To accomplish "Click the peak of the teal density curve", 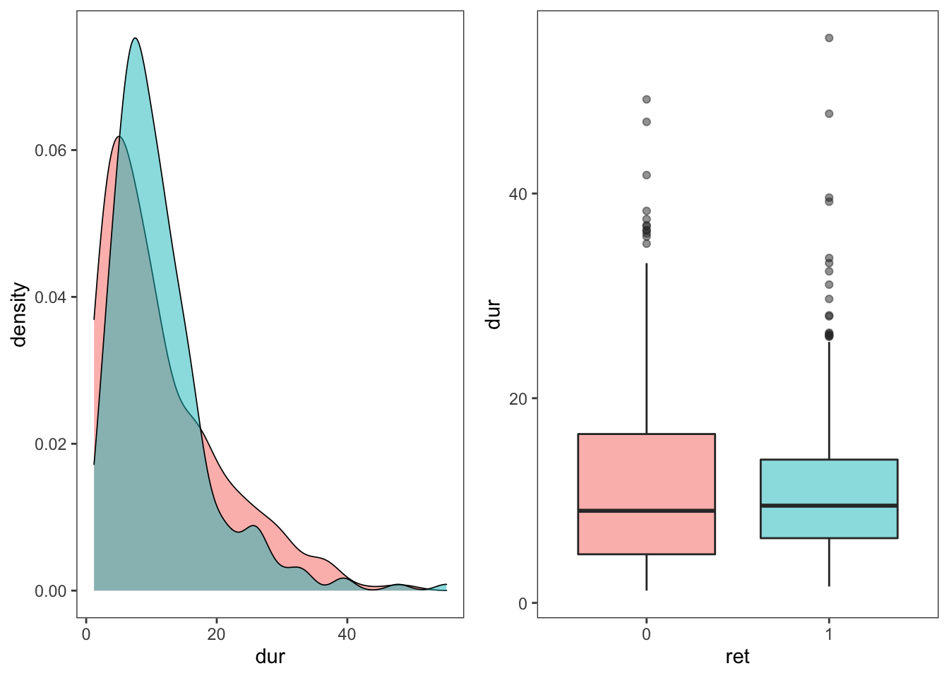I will (x=135, y=38).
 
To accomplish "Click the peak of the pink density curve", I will (x=119, y=136).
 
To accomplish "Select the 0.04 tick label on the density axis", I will (x=50, y=297).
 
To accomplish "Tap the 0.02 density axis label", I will (x=50, y=444).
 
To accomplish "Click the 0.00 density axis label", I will (x=50, y=591).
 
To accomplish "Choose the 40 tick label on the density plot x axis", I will (x=347, y=634).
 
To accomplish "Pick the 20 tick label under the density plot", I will (x=216, y=634).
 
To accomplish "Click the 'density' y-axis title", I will (x=19, y=315).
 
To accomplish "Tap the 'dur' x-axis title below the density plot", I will (x=270, y=657).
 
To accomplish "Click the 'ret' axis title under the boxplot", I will (x=737, y=657).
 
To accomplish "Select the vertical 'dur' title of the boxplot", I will (x=493, y=315).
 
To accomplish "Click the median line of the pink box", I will (x=646, y=510).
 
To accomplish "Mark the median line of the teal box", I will (x=829, y=506).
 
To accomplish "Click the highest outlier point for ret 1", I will (x=829, y=38).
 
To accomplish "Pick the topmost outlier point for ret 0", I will (x=646, y=100).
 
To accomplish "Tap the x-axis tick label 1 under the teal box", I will (x=829, y=634).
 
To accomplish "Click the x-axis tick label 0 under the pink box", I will (x=646, y=634).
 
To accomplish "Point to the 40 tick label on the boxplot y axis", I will (x=518, y=194).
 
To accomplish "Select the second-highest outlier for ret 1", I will (x=829, y=114).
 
